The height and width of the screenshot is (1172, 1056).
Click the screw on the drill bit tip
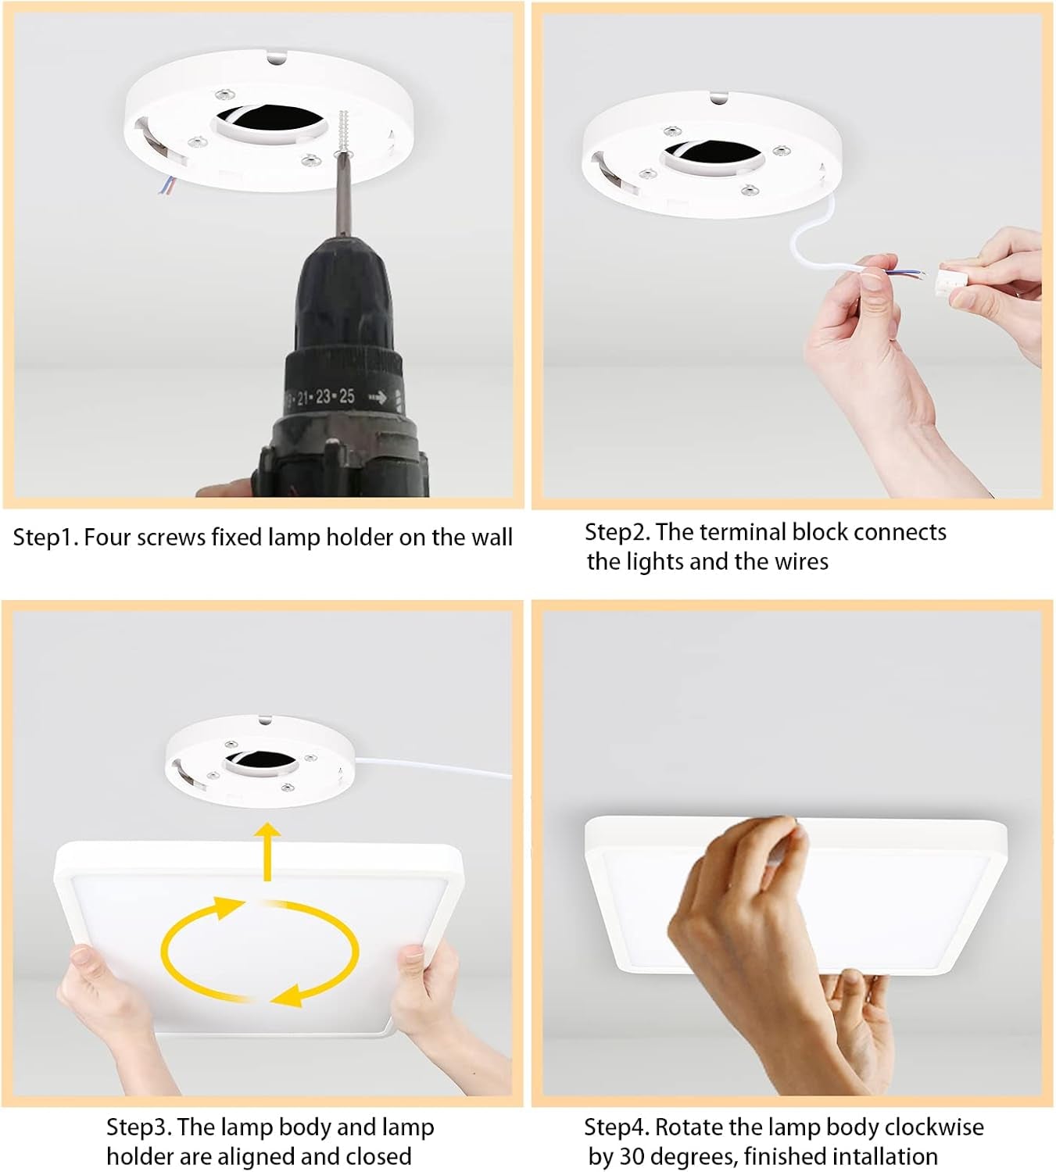343,130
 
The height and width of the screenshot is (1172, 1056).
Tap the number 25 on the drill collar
347,396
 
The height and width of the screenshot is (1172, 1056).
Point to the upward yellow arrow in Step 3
268,852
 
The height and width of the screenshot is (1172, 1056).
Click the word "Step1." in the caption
45,538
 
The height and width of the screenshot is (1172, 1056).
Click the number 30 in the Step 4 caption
632,1157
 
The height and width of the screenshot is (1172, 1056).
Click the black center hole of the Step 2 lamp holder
714,155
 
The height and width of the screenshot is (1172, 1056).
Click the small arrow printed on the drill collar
378,398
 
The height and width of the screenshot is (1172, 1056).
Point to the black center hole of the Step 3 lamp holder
263,762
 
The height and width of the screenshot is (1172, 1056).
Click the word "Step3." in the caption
139,1127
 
